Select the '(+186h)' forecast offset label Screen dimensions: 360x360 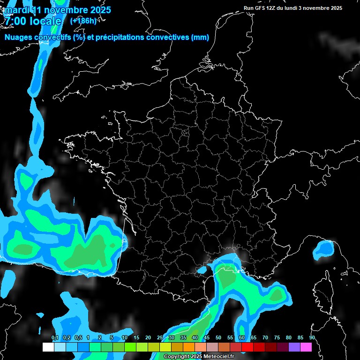click(83, 21)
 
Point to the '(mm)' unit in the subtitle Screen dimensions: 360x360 click(200, 37)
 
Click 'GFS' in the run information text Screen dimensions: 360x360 click(264, 8)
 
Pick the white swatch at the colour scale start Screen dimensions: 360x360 click(48, 347)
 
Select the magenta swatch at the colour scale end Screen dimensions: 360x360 click(306, 347)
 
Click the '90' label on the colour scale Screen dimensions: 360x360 click(312, 338)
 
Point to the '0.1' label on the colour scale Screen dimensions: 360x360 click(55, 338)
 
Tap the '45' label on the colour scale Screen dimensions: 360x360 click(207, 338)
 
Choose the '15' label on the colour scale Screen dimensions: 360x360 click(136, 338)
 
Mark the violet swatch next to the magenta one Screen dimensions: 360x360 click(294, 347)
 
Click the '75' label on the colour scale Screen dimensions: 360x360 click(277, 338)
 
